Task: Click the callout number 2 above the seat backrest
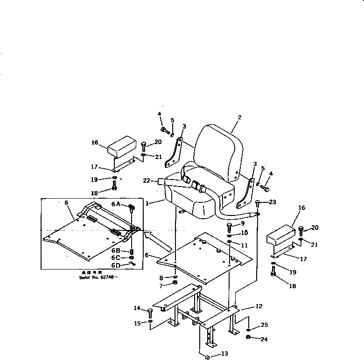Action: pyautogui.click(x=239, y=118)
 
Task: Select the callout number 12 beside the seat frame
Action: pyautogui.click(x=259, y=306)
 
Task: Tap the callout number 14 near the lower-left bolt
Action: pyautogui.click(x=137, y=308)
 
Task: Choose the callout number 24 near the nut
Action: pyautogui.click(x=265, y=339)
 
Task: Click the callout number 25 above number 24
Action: pyautogui.click(x=265, y=325)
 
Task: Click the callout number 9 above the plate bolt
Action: pyautogui.click(x=243, y=223)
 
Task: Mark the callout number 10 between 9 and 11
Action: pyautogui.click(x=245, y=233)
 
